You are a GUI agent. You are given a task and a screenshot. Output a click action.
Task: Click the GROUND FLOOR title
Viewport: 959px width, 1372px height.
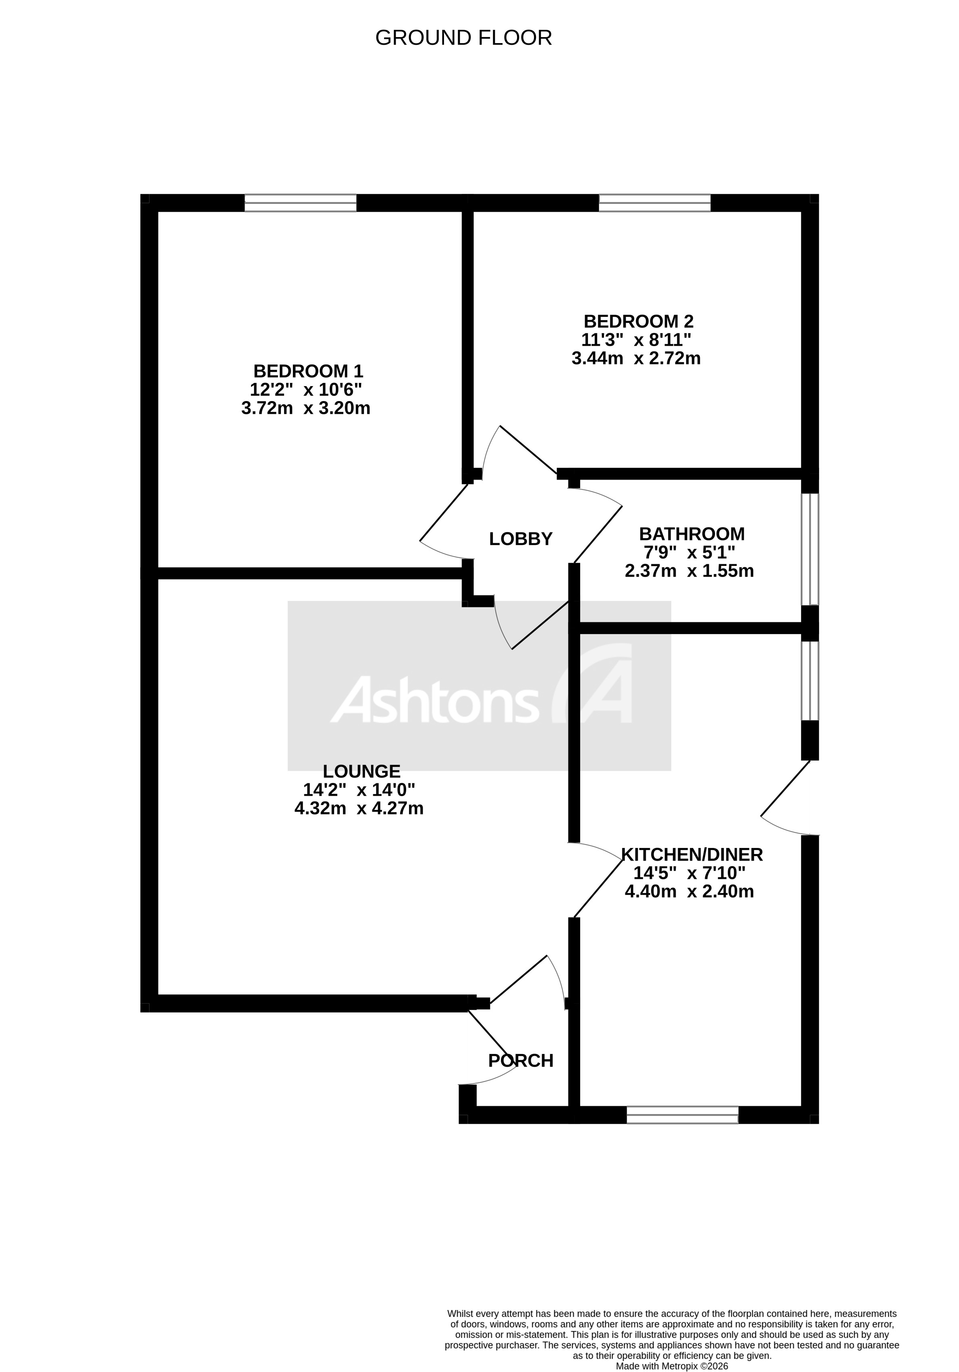click(x=463, y=37)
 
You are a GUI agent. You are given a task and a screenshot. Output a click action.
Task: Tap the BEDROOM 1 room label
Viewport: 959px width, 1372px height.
click(x=308, y=371)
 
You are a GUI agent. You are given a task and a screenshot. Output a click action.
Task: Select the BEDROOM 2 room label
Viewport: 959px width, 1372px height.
click(x=638, y=322)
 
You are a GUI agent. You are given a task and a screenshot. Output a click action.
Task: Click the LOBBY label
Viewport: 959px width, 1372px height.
click(x=521, y=539)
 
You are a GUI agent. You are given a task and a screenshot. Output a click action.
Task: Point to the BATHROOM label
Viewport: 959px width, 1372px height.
click(x=691, y=534)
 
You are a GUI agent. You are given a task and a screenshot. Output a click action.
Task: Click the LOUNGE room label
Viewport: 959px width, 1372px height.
click(x=361, y=771)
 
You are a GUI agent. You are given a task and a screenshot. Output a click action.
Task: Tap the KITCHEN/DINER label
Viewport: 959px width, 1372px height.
click(x=692, y=854)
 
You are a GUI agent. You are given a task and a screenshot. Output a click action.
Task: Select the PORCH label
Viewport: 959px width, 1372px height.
click(x=521, y=1061)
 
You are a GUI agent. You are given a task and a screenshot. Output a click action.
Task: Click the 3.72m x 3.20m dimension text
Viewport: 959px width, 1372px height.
click(x=305, y=408)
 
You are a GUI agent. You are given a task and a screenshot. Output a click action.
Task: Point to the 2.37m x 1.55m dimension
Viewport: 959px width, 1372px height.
click(x=689, y=571)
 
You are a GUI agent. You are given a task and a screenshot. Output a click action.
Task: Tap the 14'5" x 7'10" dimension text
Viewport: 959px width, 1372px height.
click(x=689, y=873)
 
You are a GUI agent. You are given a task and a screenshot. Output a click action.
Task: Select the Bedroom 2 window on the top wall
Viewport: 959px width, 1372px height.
click(x=654, y=203)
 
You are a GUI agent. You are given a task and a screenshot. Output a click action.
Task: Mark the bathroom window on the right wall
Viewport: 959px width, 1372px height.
click(x=810, y=549)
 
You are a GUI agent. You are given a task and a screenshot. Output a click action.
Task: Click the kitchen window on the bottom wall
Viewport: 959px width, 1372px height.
click(x=682, y=1115)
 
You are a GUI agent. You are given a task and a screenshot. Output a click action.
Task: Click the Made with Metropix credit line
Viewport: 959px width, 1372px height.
click(x=672, y=1366)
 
